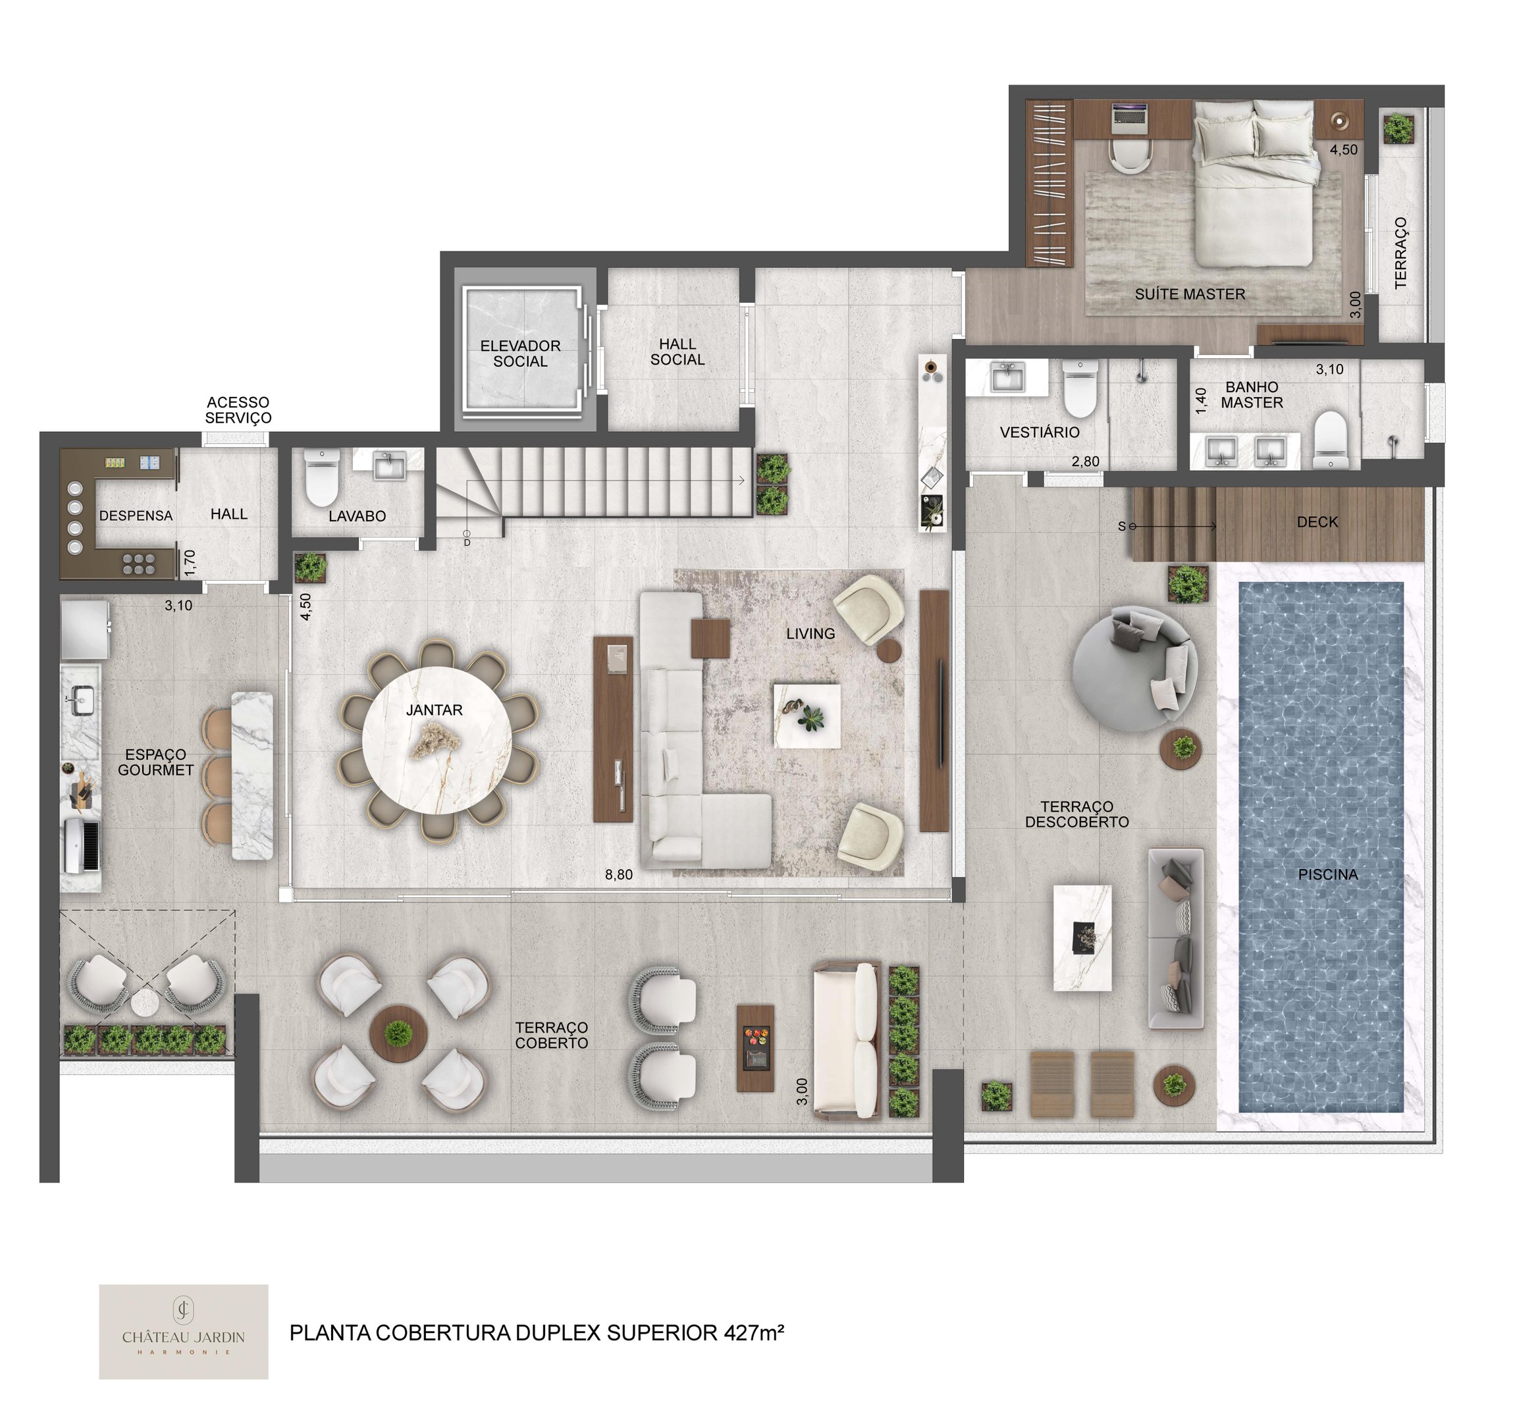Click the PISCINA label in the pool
(x=1327, y=875)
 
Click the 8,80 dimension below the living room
(x=619, y=874)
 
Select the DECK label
(x=1317, y=521)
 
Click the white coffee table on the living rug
(x=807, y=715)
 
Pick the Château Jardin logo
(x=183, y=1332)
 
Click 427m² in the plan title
(x=753, y=1332)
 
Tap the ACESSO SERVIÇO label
(x=238, y=410)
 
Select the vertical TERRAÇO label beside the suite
(x=1400, y=253)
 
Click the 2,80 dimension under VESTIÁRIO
(x=1085, y=461)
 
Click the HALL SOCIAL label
(x=677, y=352)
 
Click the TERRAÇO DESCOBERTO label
(x=1076, y=814)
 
